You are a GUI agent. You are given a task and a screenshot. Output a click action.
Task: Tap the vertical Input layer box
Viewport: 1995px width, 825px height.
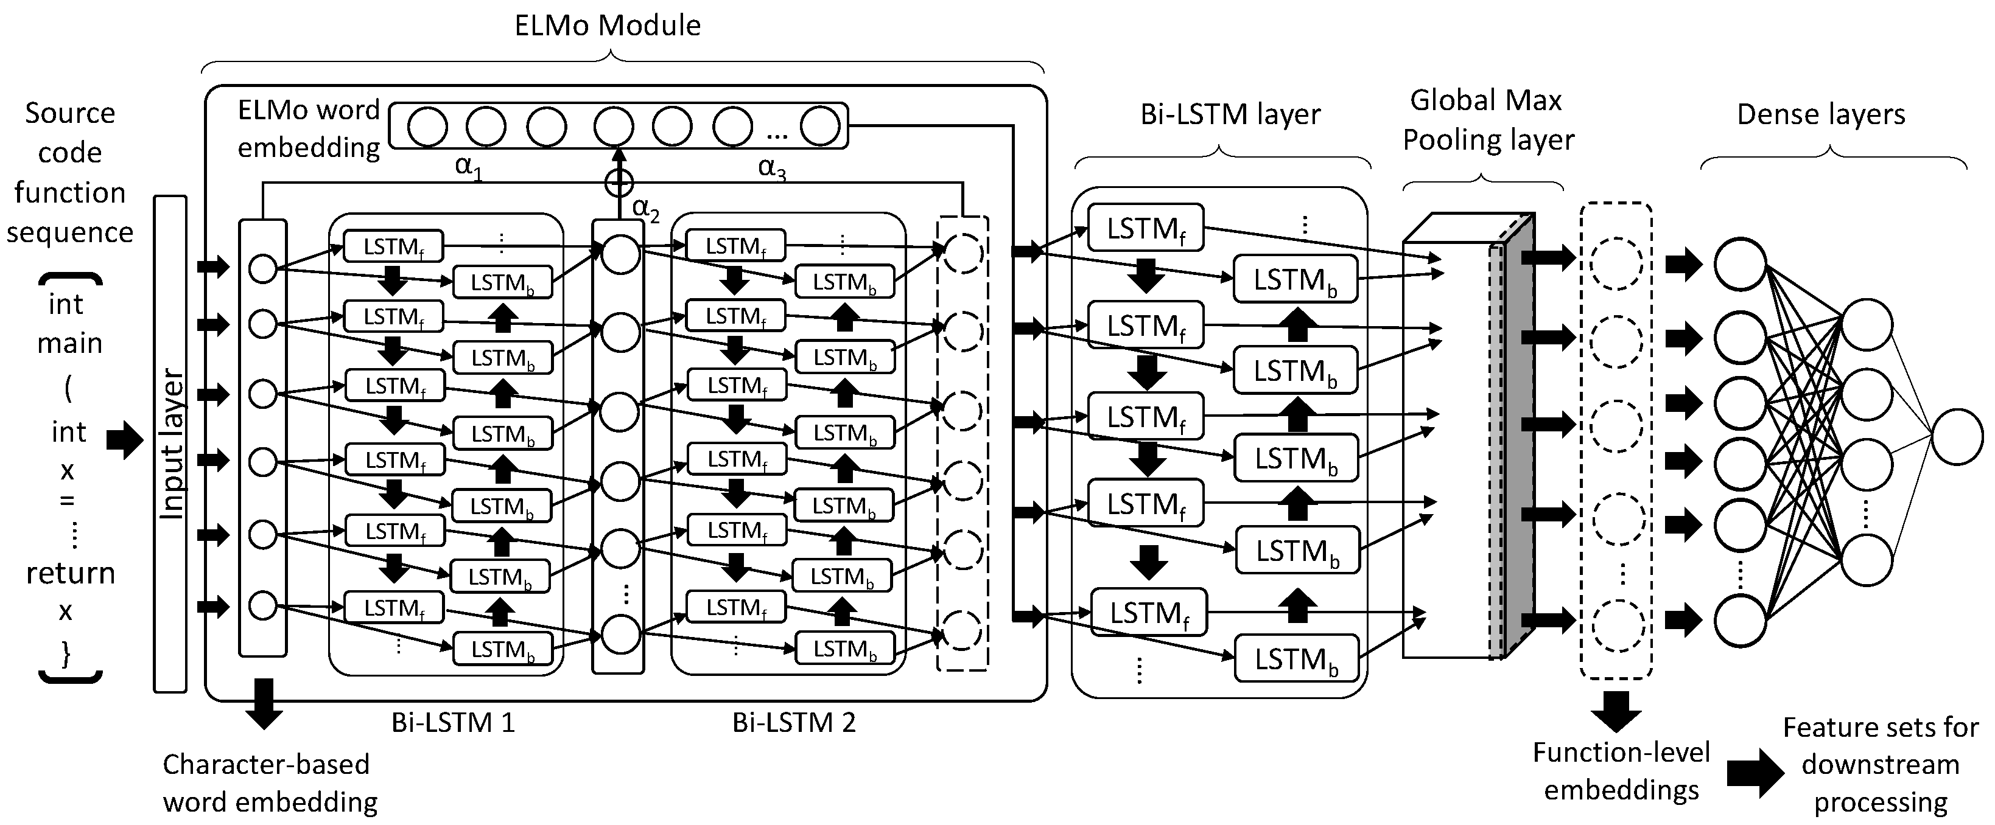170,444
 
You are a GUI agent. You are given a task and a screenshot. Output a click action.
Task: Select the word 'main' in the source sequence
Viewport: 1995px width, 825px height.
69,343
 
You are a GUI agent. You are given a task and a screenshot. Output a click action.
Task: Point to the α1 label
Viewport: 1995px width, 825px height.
468,166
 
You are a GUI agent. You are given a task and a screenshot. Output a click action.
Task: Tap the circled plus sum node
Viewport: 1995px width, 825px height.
618,183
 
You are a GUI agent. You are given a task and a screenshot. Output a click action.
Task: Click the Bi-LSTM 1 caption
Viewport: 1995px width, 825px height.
453,723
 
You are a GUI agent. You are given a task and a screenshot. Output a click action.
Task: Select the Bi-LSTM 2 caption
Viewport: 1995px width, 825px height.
794,723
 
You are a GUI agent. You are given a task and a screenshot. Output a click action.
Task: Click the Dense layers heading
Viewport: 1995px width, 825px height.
1821,114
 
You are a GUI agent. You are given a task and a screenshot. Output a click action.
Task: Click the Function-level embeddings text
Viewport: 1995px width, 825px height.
1621,771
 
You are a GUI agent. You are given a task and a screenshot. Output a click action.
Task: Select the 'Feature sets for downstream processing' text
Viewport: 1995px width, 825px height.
1881,765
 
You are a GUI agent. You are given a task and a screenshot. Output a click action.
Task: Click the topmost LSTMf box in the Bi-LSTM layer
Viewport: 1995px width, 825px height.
1145,228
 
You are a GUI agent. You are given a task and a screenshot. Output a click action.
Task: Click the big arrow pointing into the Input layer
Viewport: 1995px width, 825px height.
124,440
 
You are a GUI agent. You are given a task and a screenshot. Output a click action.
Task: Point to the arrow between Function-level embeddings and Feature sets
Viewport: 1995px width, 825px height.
1754,773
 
